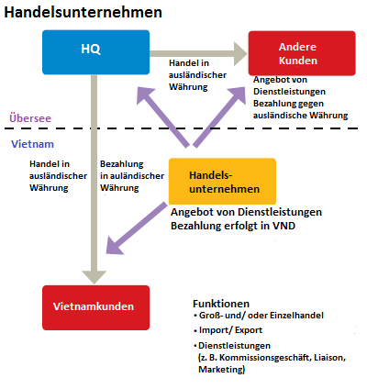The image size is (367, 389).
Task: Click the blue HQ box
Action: (95, 52)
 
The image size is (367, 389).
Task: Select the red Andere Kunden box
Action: (302, 53)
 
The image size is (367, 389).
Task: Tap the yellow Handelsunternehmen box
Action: (222, 182)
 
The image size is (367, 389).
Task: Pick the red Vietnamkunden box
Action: (95, 307)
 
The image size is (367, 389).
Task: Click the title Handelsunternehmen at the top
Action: (83, 13)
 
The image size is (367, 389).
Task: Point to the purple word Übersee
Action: (30, 118)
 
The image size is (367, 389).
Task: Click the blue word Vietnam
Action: (32, 144)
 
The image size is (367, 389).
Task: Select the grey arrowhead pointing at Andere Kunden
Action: (240, 54)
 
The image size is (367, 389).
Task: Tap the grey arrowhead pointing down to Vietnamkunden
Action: (95, 277)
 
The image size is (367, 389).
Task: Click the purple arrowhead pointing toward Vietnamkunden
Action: (114, 246)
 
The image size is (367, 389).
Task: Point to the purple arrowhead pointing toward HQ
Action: (145, 95)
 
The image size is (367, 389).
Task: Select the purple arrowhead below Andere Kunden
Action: (238, 95)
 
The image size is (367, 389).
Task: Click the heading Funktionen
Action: (221, 304)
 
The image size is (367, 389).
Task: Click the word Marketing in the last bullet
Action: (222, 369)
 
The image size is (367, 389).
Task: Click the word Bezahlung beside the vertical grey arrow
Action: (122, 164)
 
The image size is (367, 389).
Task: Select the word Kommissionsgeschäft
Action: (264, 358)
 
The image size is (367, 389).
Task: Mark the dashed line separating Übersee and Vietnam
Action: (181, 128)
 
